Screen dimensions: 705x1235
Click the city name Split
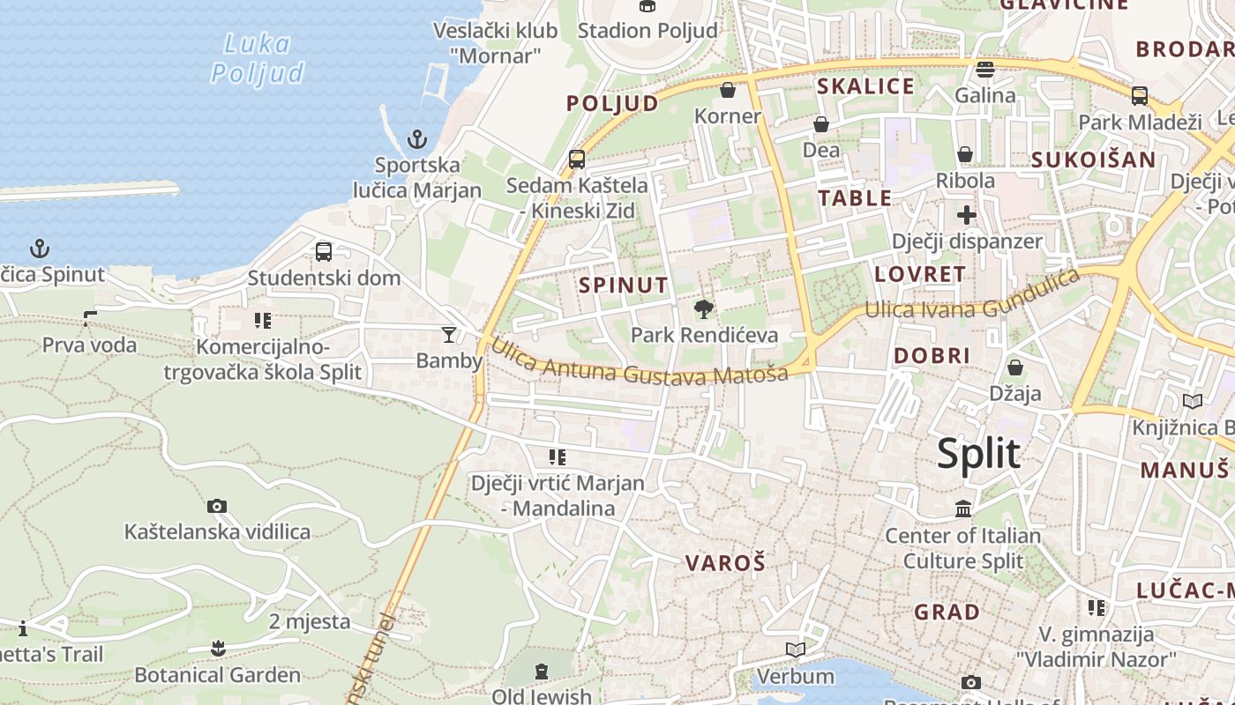coord(978,454)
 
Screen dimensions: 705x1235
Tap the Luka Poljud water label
coord(258,57)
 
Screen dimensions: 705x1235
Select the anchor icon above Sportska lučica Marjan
coord(416,139)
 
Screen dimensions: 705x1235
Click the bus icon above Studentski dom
coord(324,252)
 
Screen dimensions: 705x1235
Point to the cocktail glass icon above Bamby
coord(449,335)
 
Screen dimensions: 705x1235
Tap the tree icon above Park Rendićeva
coord(704,309)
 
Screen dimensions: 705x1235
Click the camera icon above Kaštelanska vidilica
coord(217,506)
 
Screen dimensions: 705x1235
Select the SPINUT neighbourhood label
coord(624,285)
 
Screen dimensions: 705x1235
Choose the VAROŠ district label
coord(725,562)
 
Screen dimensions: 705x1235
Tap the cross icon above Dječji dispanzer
coord(967,215)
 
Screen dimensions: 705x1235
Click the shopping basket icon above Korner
coord(728,90)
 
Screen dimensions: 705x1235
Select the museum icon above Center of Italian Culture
coord(963,509)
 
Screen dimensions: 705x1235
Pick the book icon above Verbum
coord(796,650)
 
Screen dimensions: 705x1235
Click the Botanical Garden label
coord(217,676)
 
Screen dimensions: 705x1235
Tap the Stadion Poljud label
coord(647,30)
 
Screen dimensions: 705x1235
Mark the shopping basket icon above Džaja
coord(1015,367)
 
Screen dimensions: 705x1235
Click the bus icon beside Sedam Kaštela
coord(577,160)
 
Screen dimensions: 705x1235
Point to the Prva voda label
coord(90,345)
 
